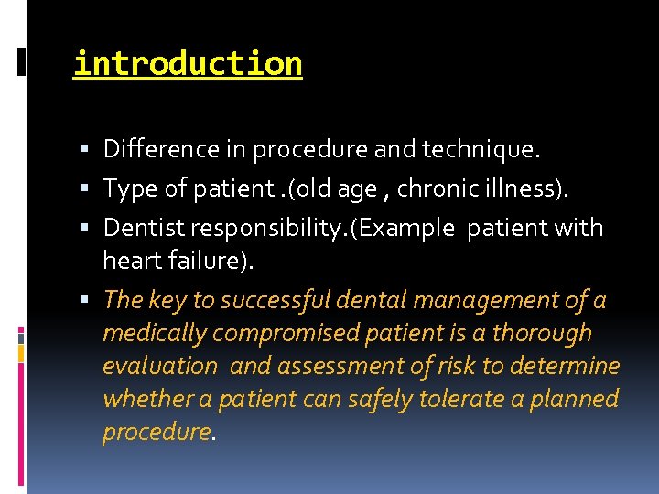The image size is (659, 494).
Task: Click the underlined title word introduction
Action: pos(188,64)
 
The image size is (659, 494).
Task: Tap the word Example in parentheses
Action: pos(409,228)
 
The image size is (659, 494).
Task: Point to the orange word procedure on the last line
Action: pos(157,432)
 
